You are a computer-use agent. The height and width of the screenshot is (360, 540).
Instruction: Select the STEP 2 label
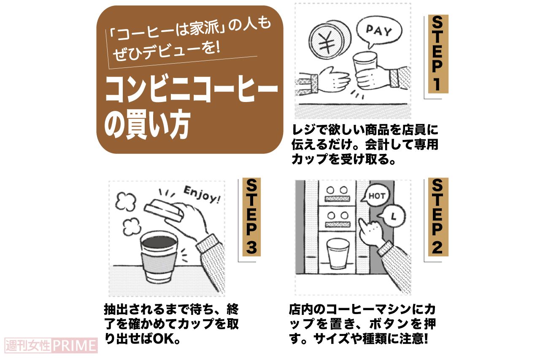(437, 217)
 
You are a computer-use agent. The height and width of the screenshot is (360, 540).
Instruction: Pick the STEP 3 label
(251, 217)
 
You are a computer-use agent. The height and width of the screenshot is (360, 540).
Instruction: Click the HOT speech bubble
(377, 196)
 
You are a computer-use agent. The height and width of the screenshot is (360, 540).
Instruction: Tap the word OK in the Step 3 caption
(163, 340)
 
